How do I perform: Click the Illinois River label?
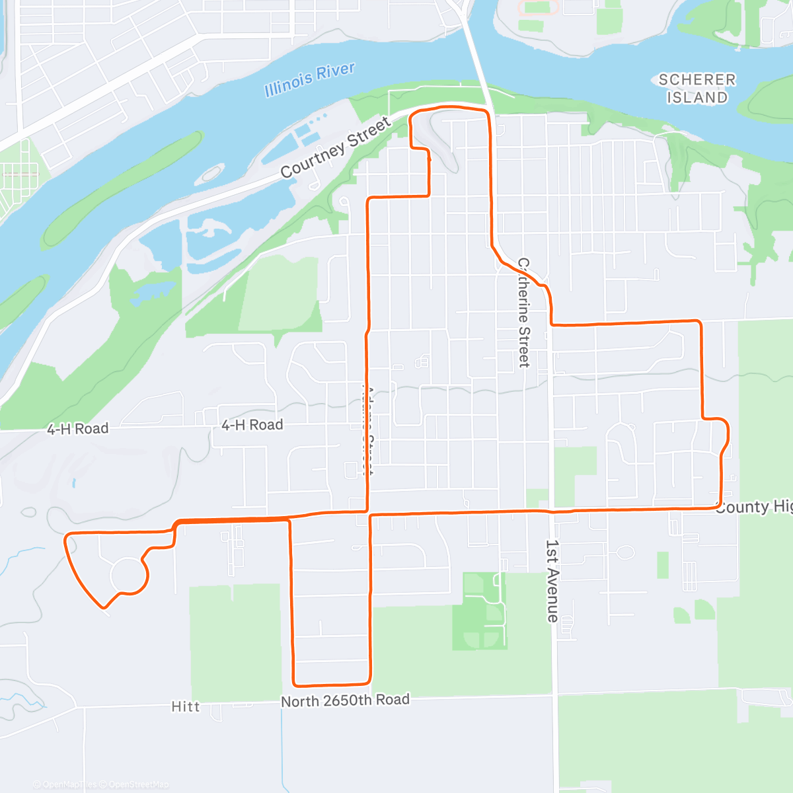click(x=309, y=79)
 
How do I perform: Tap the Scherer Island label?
click(x=697, y=89)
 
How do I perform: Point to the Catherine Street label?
click(x=523, y=313)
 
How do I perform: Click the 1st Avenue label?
click(x=552, y=581)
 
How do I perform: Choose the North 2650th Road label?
click(x=345, y=700)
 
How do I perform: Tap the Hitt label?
click(x=185, y=706)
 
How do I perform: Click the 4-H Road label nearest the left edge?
click(x=77, y=429)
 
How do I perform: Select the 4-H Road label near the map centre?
click(x=252, y=425)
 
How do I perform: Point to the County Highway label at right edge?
click(x=753, y=507)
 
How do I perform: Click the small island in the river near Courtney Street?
click(x=210, y=174)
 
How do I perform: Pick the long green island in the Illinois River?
click(x=122, y=188)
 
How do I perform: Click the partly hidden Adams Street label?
click(x=367, y=430)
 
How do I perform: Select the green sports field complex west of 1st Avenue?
click(x=479, y=611)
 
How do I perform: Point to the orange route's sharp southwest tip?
click(x=103, y=606)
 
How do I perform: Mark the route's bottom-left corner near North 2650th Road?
click(x=295, y=683)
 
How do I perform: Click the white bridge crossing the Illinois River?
click(x=476, y=59)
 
